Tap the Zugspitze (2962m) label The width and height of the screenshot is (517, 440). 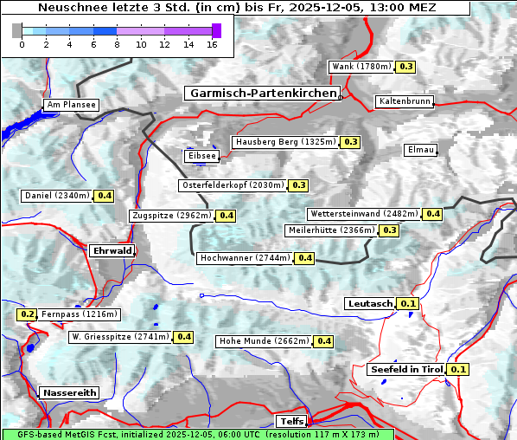(x=170, y=216)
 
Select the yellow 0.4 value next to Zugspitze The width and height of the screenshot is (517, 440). (x=227, y=216)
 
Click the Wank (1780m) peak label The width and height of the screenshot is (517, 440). (x=361, y=67)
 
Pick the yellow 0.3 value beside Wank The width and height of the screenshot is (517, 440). (x=406, y=67)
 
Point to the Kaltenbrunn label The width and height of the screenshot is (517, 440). (x=404, y=101)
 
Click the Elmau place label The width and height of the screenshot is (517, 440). (x=420, y=150)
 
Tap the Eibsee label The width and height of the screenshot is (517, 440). (x=201, y=156)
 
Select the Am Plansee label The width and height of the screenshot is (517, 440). (x=71, y=105)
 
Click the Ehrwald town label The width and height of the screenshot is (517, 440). (x=112, y=250)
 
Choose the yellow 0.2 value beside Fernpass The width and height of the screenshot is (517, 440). (x=28, y=314)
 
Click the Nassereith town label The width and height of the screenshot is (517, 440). (x=69, y=392)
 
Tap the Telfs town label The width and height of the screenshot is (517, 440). (x=290, y=421)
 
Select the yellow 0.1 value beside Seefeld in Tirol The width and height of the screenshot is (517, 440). (x=459, y=370)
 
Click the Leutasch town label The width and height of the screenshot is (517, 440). (x=371, y=303)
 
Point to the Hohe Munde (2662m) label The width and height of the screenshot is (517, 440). (x=264, y=341)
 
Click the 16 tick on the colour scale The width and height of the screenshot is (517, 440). (x=212, y=45)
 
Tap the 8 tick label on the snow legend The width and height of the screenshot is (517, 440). (x=117, y=45)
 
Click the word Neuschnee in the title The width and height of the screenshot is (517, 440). (x=71, y=8)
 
